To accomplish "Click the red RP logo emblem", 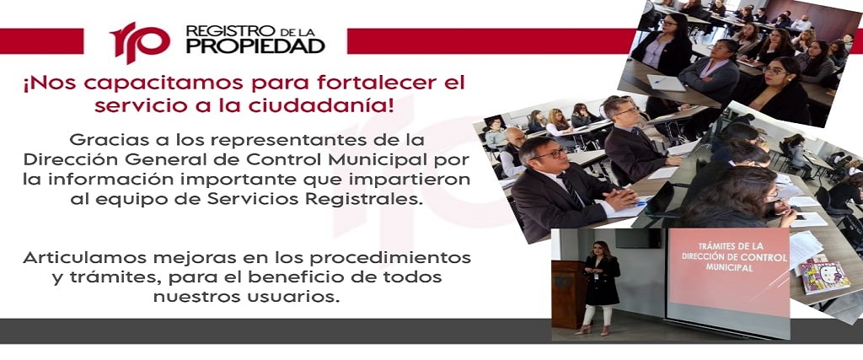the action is coord(140,42).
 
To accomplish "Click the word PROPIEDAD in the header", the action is coord(255,46).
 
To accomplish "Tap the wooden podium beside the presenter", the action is coord(568,294).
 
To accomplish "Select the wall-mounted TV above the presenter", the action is coord(637,238).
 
